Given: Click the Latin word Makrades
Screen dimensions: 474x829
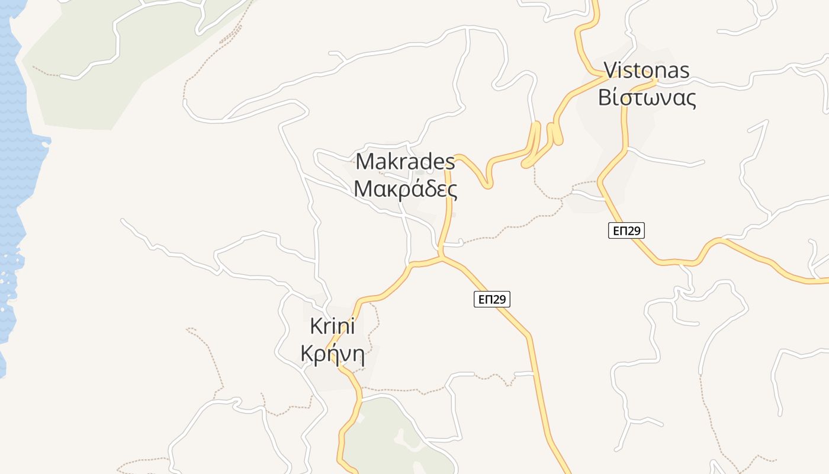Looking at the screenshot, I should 405,162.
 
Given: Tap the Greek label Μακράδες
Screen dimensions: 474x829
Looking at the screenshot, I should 405,189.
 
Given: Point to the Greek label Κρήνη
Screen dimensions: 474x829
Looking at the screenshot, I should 332,354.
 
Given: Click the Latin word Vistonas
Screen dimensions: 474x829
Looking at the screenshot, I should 647,71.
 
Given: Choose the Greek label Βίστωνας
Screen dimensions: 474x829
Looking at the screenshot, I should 647,98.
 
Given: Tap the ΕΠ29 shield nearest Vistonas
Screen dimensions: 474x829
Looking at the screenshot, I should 626,230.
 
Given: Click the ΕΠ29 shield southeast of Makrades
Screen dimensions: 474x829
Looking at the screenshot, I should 491,299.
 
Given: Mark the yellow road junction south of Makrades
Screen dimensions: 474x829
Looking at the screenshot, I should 441,258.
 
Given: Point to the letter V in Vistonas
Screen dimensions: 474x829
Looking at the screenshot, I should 610,71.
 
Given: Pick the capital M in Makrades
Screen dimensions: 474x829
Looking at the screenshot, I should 364,162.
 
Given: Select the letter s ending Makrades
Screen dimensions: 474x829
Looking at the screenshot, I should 450,162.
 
